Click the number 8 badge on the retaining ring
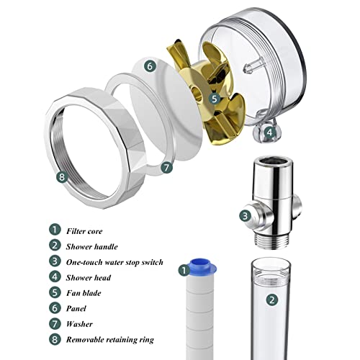62,177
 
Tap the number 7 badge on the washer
166,167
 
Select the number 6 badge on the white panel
150,66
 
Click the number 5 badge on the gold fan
215,98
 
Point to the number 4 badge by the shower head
270,132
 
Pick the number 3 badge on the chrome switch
245,215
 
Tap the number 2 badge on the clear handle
272,300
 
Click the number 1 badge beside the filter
184,271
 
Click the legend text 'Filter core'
84,231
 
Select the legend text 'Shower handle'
92,247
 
